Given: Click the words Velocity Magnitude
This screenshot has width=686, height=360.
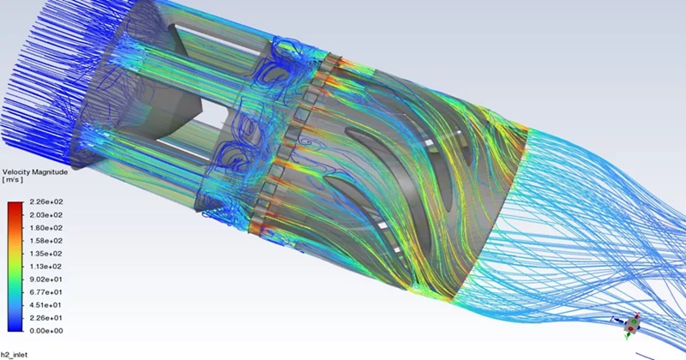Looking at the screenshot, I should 35,171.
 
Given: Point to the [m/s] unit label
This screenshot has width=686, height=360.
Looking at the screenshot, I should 15,181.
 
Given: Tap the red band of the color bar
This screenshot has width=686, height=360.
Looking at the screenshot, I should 15,209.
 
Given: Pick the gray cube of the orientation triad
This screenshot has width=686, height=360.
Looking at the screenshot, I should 633,325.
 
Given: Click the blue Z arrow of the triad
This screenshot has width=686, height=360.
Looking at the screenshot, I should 617,321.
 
